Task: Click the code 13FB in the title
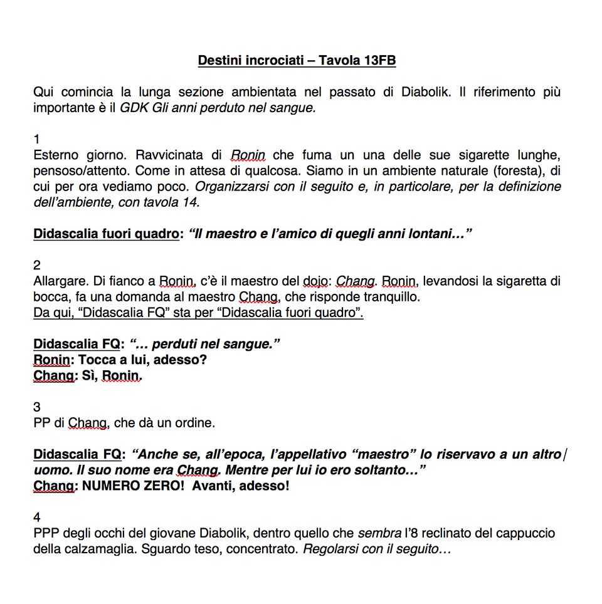point(379,61)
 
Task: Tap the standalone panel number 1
point(36,139)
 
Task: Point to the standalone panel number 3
point(37,407)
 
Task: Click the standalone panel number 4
point(37,518)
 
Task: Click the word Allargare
point(58,281)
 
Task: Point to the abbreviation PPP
point(46,534)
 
